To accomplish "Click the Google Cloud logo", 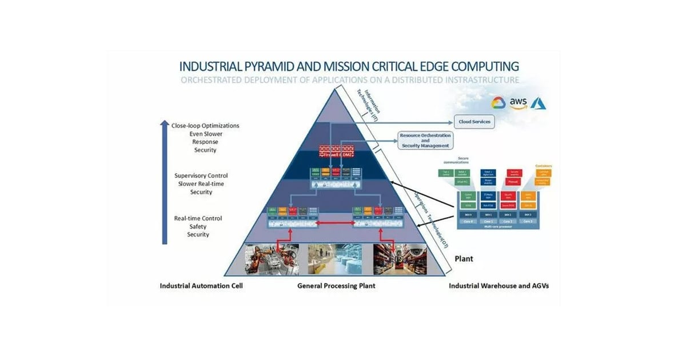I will click(x=498, y=103).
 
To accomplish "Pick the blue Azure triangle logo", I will click(x=539, y=102).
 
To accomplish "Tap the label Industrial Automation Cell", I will click(x=201, y=286).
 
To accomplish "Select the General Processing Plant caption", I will click(x=336, y=286).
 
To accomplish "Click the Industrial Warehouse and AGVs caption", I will click(x=498, y=286).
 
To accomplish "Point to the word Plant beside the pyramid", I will click(x=464, y=259).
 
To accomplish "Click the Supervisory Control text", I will click(x=201, y=175).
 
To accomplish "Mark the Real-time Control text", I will click(x=198, y=218).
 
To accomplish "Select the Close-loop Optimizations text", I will click(x=205, y=126).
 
